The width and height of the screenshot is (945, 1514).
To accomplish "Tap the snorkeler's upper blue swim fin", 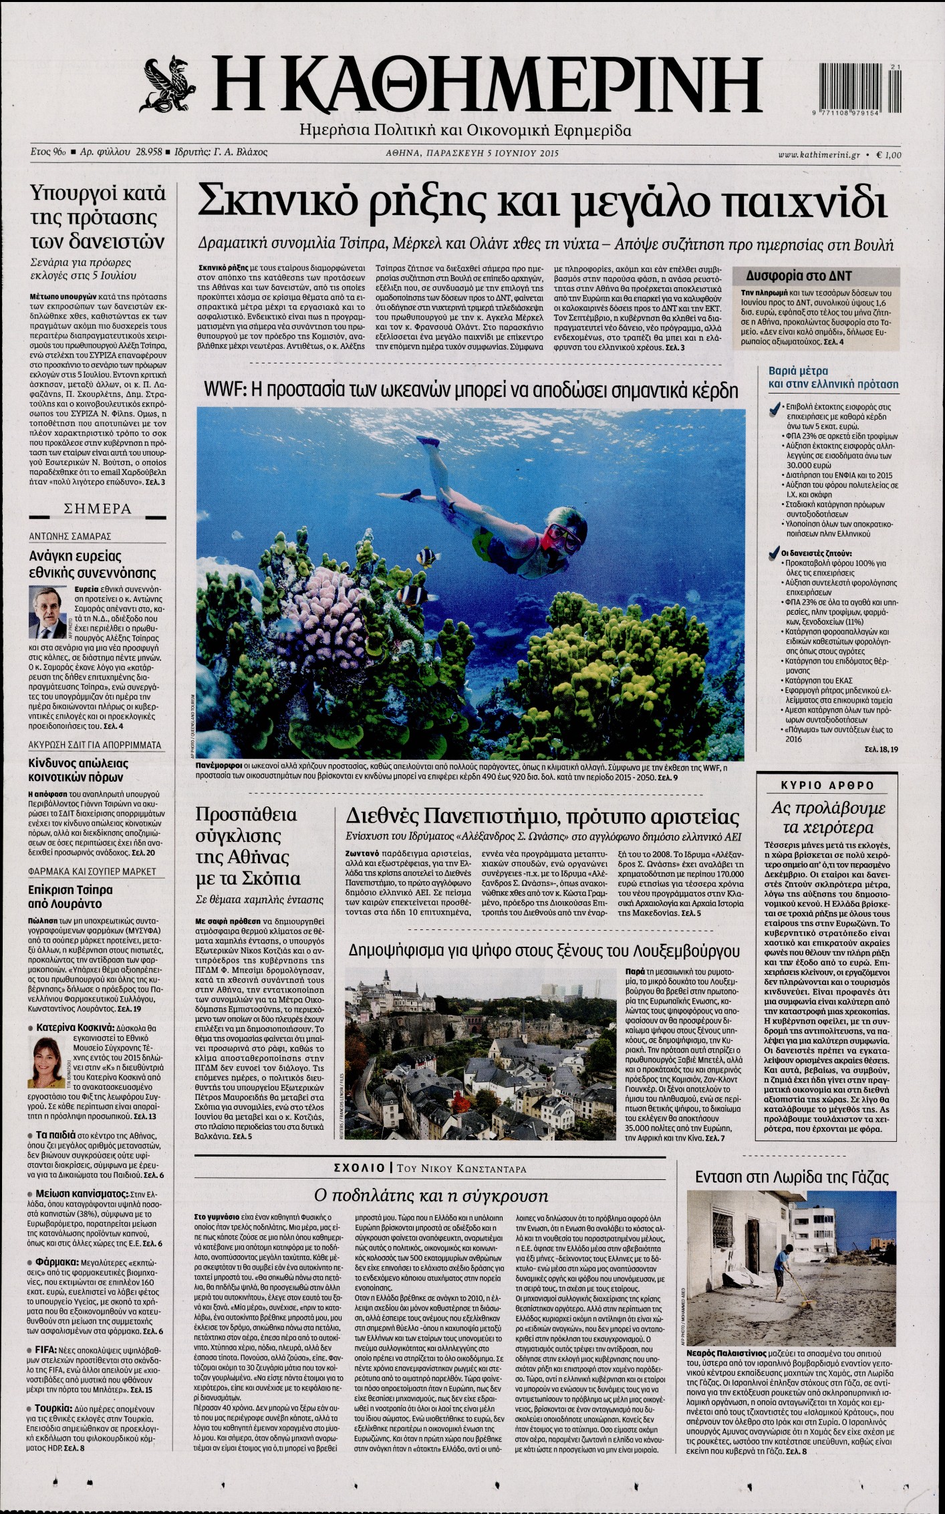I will (428, 443).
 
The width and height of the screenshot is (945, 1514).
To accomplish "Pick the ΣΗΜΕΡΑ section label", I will (98, 509).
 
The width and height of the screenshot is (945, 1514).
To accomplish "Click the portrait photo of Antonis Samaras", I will (47, 611).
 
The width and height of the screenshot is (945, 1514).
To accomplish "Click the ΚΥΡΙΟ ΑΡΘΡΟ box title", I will (827, 785).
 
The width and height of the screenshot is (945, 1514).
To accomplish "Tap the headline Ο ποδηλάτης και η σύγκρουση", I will (430, 1195).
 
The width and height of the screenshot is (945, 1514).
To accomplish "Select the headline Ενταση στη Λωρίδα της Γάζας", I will (792, 1177).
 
